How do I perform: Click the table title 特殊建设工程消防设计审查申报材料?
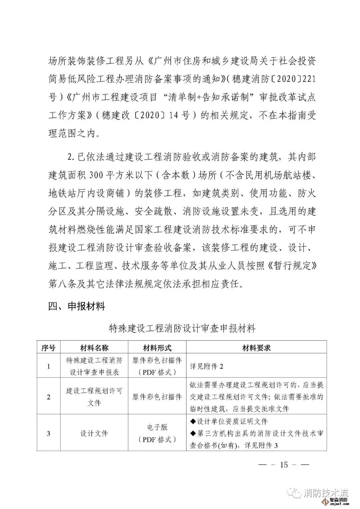click(182, 328)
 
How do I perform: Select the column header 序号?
click(48, 348)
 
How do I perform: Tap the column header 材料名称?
click(94, 348)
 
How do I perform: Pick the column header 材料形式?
click(157, 348)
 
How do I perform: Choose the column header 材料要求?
click(256, 348)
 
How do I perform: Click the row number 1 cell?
click(48, 366)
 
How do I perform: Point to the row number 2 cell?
click(48, 397)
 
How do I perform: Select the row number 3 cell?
click(48, 433)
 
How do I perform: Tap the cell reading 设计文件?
click(94, 433)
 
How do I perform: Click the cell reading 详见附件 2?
click(207, 366)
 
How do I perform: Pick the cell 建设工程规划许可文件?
click(94, 397)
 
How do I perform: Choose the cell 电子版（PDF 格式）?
click(157, 433)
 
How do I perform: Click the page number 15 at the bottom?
click(284, 464)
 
